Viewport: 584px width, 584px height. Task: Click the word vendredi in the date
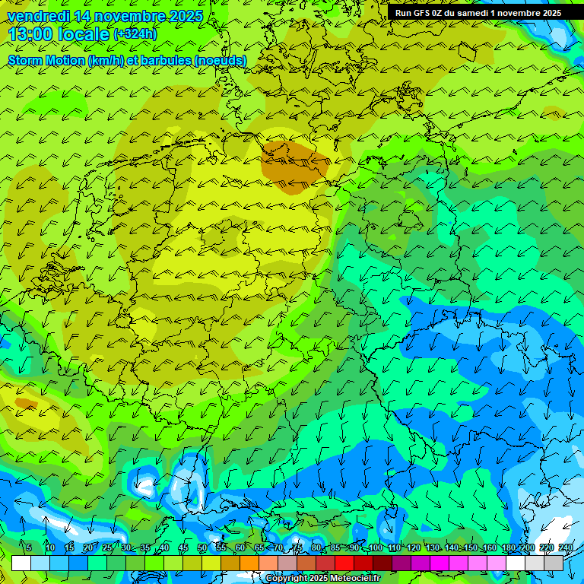[39, 16]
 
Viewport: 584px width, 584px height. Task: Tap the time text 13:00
[35, 35]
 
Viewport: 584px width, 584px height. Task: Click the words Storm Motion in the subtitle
[46, 60]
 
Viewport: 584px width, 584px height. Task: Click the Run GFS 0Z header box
[478, 13]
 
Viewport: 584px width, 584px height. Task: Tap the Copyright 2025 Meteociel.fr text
[322, 579]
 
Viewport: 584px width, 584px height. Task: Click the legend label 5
[29, 547]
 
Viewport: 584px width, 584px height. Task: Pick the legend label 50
[202, 547]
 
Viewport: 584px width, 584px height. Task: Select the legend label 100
[374, 547]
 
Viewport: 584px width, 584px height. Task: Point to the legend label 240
[565, 547]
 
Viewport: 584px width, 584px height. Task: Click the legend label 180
[508, 547]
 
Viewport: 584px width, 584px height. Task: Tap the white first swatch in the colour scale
[21, 563]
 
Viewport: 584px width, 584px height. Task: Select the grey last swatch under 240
[554, 563]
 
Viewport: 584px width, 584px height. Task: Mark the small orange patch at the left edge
[25, 403]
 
